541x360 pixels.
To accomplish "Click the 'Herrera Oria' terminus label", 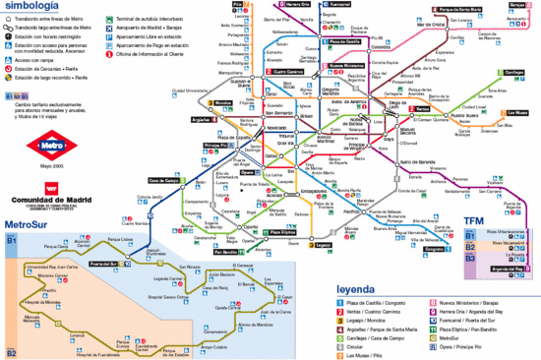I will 300,5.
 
